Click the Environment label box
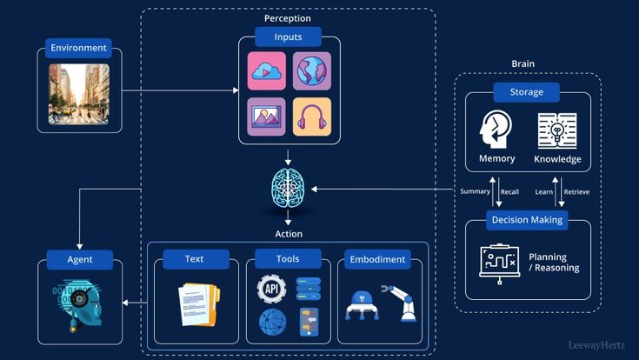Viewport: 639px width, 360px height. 79,48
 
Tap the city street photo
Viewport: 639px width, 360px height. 79,94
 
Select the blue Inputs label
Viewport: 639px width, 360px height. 288,37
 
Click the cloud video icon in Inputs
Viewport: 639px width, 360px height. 266,71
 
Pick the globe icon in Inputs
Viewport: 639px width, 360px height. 311,71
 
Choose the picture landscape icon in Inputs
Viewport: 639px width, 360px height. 266,116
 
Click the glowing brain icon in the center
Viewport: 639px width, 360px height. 288,185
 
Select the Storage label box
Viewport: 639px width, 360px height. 527,92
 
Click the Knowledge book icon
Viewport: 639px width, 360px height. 557,130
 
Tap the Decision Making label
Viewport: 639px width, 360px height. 527,220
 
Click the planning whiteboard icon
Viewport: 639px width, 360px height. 499,260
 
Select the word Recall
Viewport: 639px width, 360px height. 509,191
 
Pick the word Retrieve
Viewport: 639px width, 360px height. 576,191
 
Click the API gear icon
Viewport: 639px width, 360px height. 272,289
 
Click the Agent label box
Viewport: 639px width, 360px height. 80,259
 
